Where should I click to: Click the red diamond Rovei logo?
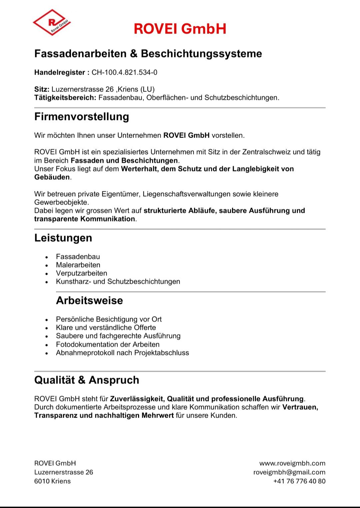(x=52, y=22)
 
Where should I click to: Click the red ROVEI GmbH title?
(x=180, y=29)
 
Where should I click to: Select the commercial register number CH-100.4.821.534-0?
(x=124, y=72)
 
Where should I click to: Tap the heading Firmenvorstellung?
(x=82, y=117)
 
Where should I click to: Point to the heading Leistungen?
(x=63, y=238)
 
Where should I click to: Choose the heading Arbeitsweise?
(x=89, y=301)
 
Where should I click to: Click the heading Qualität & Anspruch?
(x=87, y=380)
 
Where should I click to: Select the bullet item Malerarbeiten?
(x=78, y=265)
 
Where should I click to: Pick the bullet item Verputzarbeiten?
(x=82, y=273)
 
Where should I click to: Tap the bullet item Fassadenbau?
(x=78, y=257)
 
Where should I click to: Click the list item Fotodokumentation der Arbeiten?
(x=108, y=344)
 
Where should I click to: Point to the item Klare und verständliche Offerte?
(x=106, y=328)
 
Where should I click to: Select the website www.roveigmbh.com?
(x=292, y=463)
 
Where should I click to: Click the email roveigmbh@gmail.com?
(x=289, y=472)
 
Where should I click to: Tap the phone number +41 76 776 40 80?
(x=299, y=481)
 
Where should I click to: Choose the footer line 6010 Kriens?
(x=52, y=481)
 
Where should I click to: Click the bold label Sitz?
(x=42, y=89)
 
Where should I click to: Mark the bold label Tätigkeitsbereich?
(x=65, y=98)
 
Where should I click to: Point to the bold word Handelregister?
(x=60, y=72)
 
